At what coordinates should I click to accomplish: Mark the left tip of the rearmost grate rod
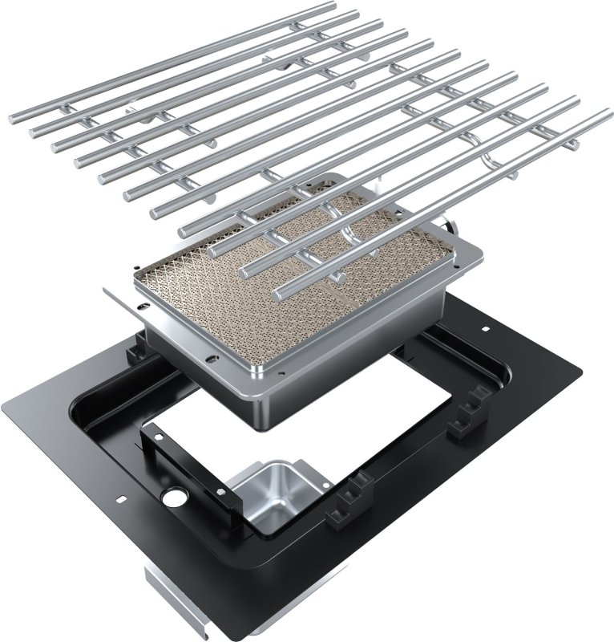pyautogui.click(x=14, y=120)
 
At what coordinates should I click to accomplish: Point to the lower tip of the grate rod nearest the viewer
pyautogui.click(x=278, y=294)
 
